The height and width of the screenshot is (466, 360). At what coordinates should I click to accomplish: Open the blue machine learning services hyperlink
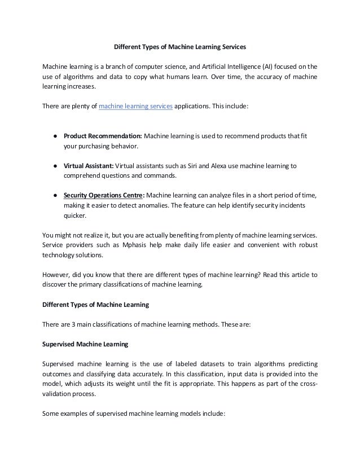(135, 105)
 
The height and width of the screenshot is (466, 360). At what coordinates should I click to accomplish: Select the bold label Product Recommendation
(103, 137)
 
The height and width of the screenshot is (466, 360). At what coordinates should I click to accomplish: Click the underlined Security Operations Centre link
(104, 195)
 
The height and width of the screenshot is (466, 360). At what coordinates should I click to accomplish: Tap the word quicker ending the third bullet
(74, 216)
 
